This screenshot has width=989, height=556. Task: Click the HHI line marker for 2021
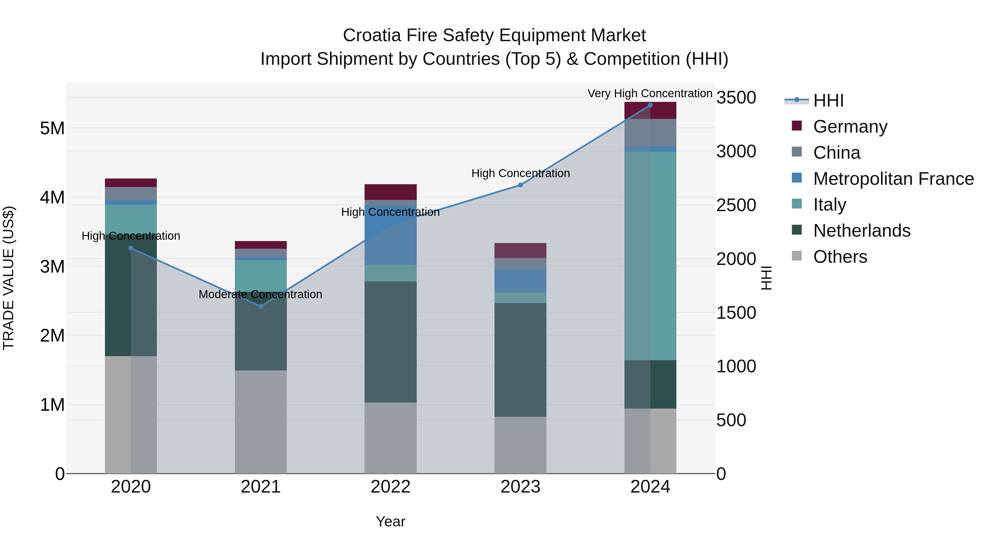pyautogui.click(x=261, y=306)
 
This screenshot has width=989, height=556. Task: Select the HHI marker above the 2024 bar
pyautogui.click(x=650, y=105)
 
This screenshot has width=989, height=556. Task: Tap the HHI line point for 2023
pyautogui.click(x=520, y=185)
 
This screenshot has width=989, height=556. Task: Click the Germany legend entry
pyautogui.click(x=850, y=127)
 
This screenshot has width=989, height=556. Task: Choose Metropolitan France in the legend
pyautogui.click(x=893, y=179)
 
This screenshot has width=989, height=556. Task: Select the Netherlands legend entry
pyautogui.click(x=861, y=231)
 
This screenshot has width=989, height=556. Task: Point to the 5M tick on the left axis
pyautogui.click(x=52, y=128)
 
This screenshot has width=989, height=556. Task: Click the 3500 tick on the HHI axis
pyautogui.click(x=736, y=97)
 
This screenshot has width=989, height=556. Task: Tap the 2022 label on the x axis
pyautogui.click(x=390, y=487)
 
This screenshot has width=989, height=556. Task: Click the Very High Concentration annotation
pyautogui.click(x=650, y=93)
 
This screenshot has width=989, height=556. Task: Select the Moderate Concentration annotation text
pyautogui.click(x=260, y=294)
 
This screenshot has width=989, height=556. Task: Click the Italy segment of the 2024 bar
pyautogui.click(x=650, y=256)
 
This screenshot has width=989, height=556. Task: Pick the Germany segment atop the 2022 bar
pyautogui.click(x=390, y=192)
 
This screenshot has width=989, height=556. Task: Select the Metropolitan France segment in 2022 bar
pyautogui.click(x=390, y=236)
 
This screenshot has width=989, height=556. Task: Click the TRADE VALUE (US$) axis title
pyautogui.click(x=9, y=278)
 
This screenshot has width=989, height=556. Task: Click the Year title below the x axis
pyautogui.click(x=390, y=521)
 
